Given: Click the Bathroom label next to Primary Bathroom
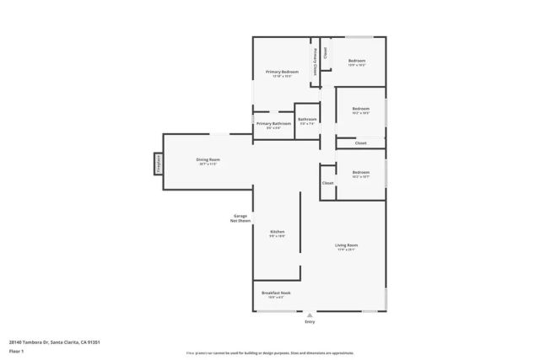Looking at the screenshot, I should coord(306,119).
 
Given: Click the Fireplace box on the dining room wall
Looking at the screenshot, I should coord(157,163).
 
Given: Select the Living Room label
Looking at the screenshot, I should coord(346,245).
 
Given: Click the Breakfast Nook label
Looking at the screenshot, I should coord(277,294).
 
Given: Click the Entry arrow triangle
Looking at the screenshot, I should coord(309,314).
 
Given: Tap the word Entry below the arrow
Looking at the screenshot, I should coord(309,322).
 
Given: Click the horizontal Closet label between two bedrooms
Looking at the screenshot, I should coord(360,143).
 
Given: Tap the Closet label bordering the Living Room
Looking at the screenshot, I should coord(327,183).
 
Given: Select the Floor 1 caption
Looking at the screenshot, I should coord(16,351).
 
